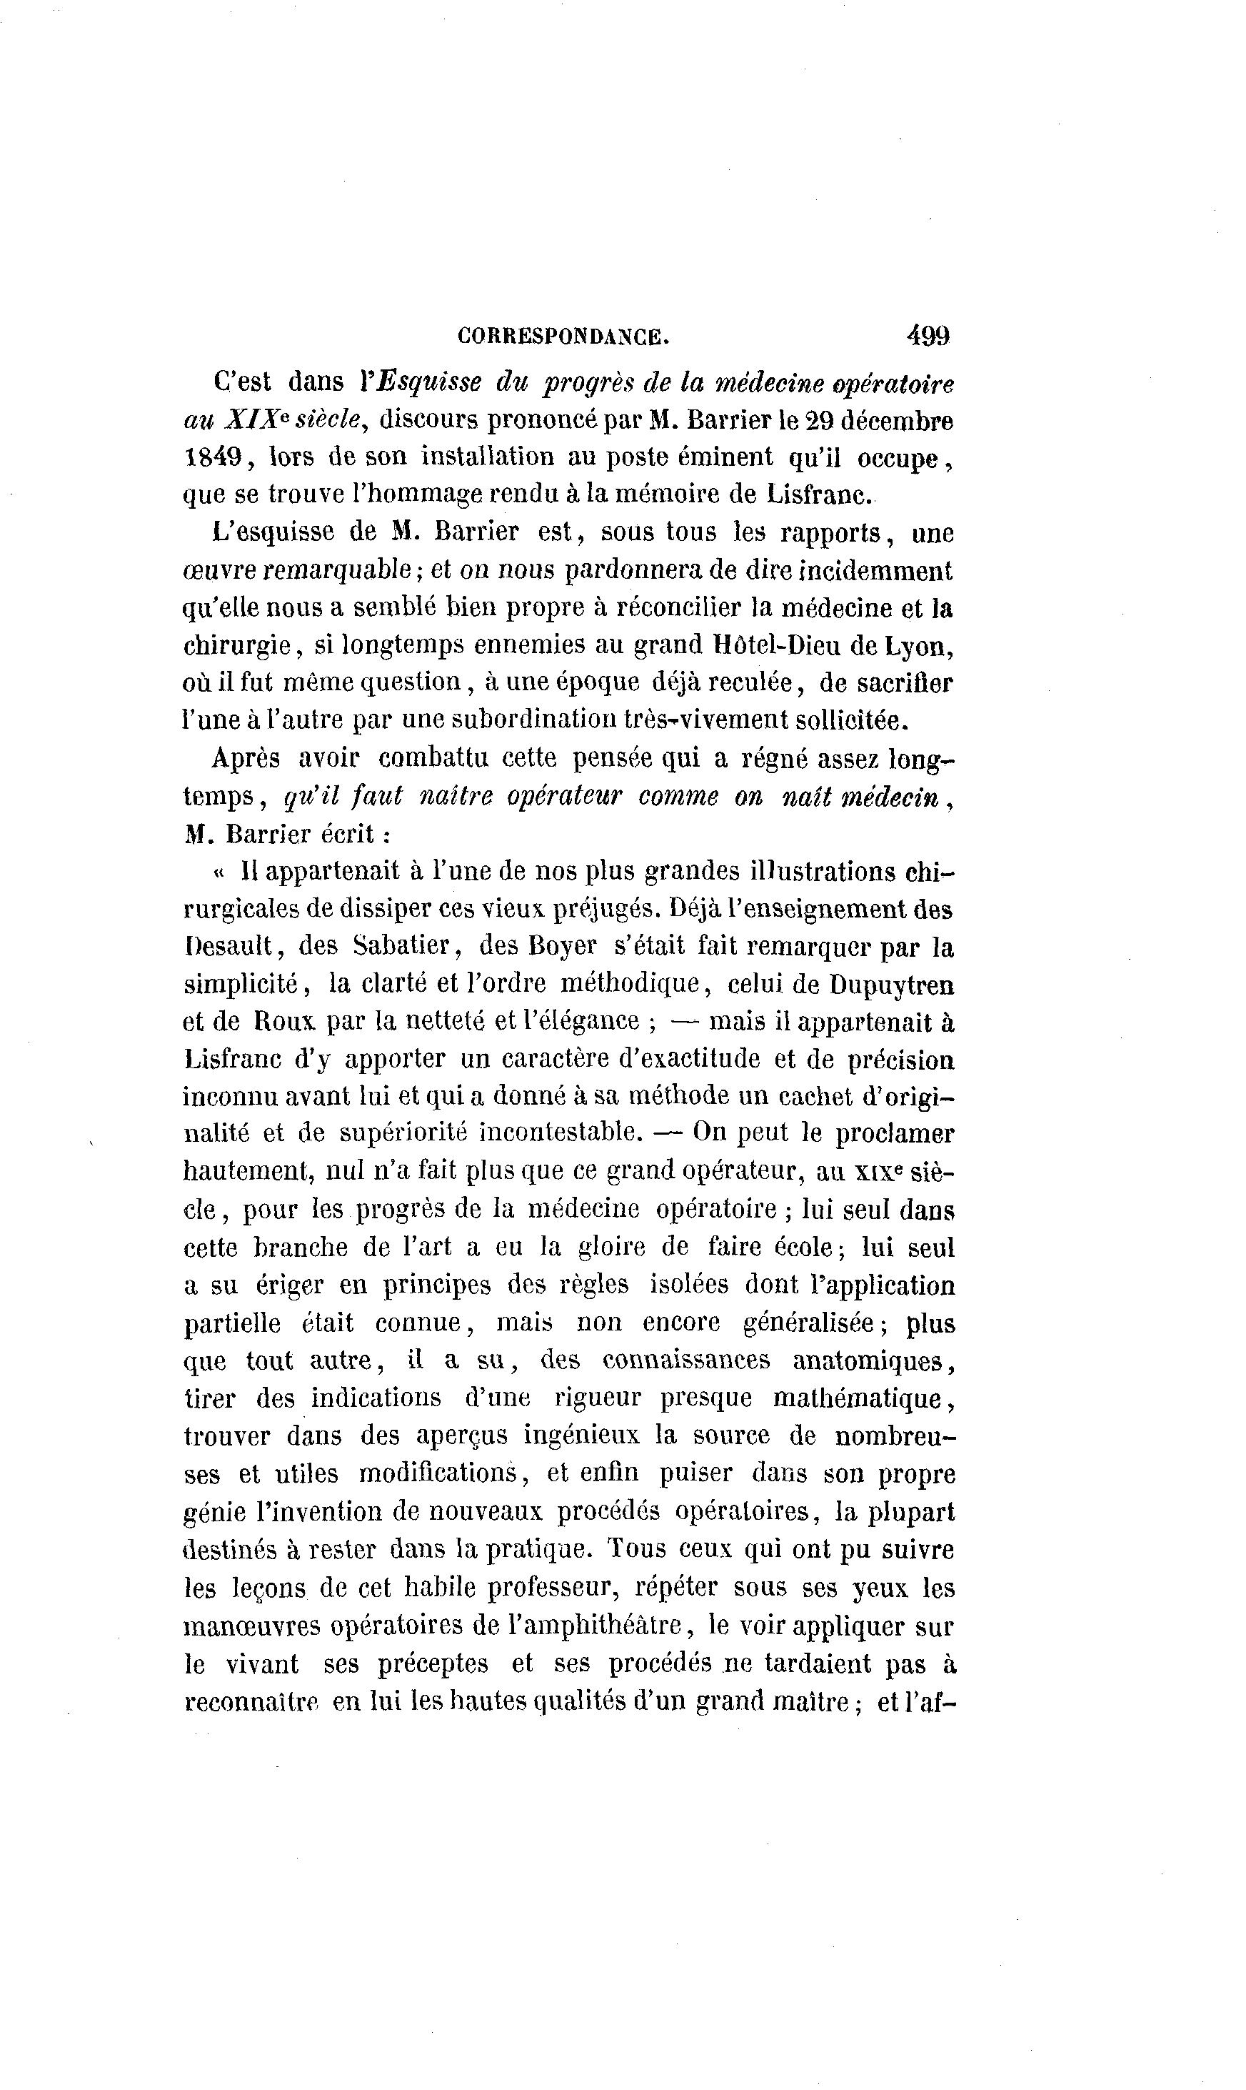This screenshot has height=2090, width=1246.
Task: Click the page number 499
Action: [x=928, y=337]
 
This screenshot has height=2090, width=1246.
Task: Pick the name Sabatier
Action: [x=404, y=947]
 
